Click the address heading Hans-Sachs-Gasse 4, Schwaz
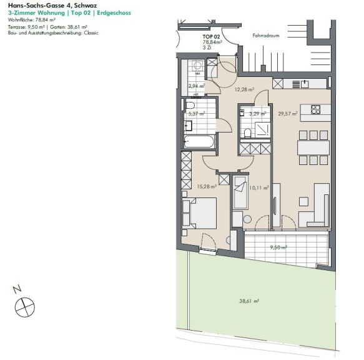(52, 5)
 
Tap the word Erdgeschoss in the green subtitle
(114, 12)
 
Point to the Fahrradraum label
(266, 36)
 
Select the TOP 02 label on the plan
(211, 36)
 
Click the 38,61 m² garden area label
(249, 301)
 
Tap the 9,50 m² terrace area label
(278, 247)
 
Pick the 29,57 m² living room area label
(288, 114)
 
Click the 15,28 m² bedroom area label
(207, 186)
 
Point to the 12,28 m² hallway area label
(244, 89)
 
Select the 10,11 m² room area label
(259, 187)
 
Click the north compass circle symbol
(24, 307)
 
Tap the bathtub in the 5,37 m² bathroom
(199, 142)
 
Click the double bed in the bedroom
(200, 213)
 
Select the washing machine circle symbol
(197, 65)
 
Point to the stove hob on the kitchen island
(315, 109)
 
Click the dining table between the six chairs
(313, 147)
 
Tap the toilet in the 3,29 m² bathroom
(247, 133)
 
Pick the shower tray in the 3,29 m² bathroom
(263, 129)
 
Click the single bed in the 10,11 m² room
(240, 192)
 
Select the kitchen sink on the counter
(305, 84)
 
